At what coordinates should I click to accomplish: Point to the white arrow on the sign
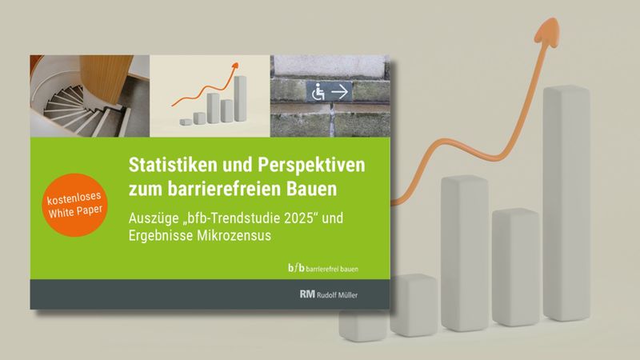coord(342,93)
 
